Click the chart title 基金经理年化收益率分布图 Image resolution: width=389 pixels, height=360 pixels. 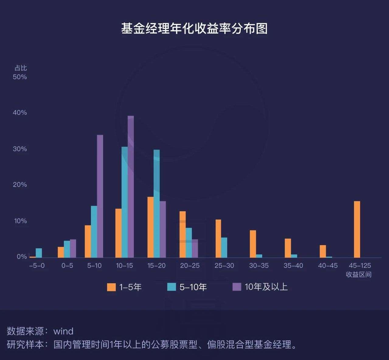[194, 29]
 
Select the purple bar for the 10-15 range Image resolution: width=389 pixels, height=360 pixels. [130, 187]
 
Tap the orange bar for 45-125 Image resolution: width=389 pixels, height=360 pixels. [357, 229]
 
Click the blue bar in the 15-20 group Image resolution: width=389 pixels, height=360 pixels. [157, 204]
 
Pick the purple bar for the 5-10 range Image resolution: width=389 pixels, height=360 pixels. [100, 196]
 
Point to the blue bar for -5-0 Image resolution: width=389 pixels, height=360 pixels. [39, 253]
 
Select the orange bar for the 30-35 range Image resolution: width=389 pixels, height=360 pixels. [253, 244]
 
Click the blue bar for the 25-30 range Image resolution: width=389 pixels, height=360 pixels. [224, 248]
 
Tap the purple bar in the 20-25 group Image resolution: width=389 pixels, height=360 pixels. [195, 249]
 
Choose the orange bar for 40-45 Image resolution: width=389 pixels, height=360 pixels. [323, 251]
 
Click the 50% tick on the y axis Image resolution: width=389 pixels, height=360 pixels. [20, 77]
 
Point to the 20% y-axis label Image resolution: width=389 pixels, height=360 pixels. [20, 185]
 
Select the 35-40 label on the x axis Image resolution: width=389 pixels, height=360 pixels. [293, 266]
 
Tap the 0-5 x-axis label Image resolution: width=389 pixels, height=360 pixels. [67, 266]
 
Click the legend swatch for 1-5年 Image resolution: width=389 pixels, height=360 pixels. [111, 287]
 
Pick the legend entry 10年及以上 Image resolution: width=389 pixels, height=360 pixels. [266, 287]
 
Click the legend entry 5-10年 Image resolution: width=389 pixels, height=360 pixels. [193, 287]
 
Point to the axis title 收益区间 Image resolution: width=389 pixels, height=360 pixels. [359, 275]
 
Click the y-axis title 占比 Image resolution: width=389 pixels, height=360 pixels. [21, 68]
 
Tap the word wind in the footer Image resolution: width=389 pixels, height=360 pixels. [63, 331]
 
